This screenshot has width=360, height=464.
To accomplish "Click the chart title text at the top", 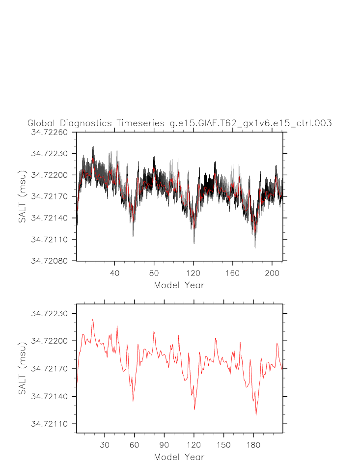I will click(x=179, y=123).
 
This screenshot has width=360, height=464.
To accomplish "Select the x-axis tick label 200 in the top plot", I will click(x=272, y=273).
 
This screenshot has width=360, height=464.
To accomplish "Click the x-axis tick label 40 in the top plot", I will click(x=114, y=273).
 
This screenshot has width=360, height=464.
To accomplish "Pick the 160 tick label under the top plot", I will click(x=232, y=273).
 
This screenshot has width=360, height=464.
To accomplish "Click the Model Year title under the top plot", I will click(x=179, y=285).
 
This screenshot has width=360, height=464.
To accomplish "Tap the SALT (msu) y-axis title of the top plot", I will click(x=22, y=196).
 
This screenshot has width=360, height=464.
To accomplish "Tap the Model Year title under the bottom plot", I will click(x=179, y=457).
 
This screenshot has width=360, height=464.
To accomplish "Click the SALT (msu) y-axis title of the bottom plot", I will click(x=22, y=369).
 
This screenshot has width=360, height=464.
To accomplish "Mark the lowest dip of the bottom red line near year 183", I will click(x=256, y=415).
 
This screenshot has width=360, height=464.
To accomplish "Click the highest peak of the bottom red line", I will click(x=92, y=319).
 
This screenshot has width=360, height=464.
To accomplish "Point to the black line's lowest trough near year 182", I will click(x=255, y=247).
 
